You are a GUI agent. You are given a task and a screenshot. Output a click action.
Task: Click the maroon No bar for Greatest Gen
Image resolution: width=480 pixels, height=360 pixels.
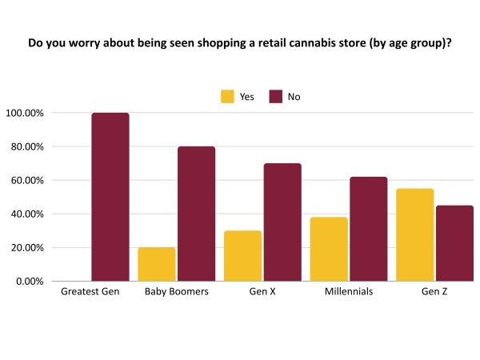coord(110,197)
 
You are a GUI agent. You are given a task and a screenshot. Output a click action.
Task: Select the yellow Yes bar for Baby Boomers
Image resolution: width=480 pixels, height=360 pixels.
coord(157,264)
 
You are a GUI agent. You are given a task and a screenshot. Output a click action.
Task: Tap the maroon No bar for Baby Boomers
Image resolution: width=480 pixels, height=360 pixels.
coord(197,214)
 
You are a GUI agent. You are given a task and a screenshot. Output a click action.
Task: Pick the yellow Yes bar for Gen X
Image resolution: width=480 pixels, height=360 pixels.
coord(243,256)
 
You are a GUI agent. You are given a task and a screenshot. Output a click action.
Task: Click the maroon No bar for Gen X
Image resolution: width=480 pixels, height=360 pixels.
coord(283,222)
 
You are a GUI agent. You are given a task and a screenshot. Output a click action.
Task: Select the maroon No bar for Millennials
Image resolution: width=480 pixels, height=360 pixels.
coord(369,229)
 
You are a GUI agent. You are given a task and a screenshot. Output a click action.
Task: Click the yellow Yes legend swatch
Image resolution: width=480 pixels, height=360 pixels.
coord(228,97)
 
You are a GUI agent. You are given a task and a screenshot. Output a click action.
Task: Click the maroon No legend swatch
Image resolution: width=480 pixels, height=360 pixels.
coord(276,97)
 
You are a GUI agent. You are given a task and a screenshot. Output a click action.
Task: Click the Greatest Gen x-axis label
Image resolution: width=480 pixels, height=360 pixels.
coord(90,292)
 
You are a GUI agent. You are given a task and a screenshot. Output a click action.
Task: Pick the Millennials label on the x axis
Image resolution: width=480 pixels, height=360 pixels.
coord(349,292)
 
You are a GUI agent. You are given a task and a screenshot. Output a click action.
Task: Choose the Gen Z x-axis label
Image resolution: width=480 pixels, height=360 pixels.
coord(435,292)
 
